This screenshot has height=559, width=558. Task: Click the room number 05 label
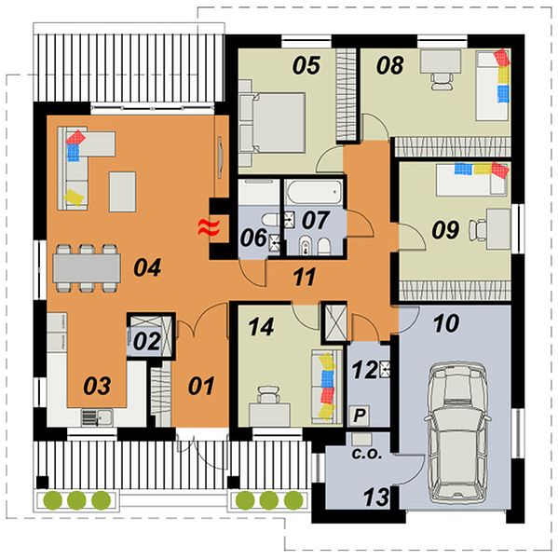click(306, 65)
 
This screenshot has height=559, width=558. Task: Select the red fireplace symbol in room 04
click(208, 227)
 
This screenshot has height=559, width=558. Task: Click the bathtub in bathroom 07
click(314, 193)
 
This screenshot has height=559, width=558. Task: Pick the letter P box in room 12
click(360, 416)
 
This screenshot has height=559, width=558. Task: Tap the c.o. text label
click(367, 454)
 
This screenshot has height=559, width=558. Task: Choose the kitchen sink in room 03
click(97, 417)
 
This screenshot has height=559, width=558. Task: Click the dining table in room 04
click(87, 268)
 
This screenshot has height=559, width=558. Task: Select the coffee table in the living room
click(123, 192)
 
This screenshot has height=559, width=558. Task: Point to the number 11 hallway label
click(305, 277)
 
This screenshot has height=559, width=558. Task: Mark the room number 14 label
click(262, 327)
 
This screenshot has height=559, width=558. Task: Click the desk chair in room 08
click(441, 81)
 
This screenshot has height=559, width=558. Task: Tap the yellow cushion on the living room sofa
click(75, 198)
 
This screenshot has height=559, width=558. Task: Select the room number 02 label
click(147, 341)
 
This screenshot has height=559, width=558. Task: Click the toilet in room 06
click(271, 220)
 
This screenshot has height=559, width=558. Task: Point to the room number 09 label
click(445, 229)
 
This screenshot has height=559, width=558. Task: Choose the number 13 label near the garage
click(376, 497)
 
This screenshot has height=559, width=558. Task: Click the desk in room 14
click(269, 415)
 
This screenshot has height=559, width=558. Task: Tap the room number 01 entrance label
click(201, 386)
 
